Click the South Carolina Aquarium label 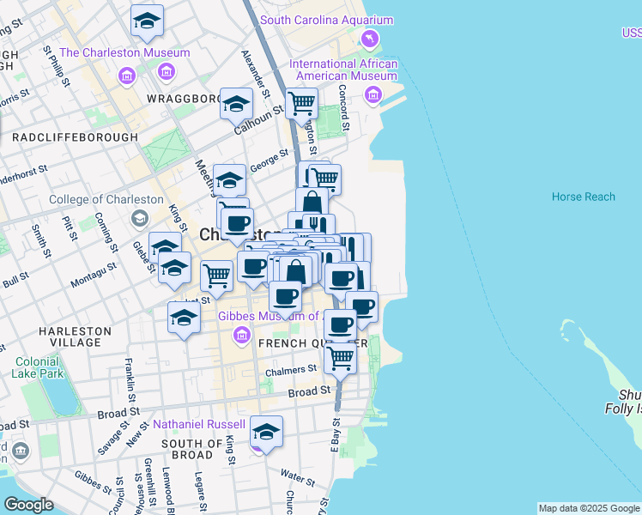[326, 21]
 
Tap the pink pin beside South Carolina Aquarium [370, 39]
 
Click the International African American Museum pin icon [372, 94]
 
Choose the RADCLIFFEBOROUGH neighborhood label [75, 137]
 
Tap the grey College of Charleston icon [138, 219]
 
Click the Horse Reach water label [583, 197]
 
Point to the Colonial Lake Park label [39, 367]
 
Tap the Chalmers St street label [291, 371]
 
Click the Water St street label [297, 475]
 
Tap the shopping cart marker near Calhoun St [302, 104]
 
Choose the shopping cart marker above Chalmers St [341, 357]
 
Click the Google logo [28, 505]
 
